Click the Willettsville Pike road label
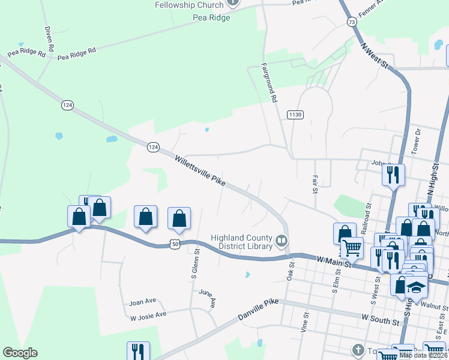(x=200, y=172)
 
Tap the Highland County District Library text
(x=241, y=241)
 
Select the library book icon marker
(x=281, y=241)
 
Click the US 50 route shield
(x=175, y=244)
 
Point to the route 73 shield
(x=352, y=22)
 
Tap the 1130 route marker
(x=295, y=115)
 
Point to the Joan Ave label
(x=142, y=302)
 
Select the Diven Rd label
(x=49, y=38)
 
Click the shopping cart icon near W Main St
(x=351, y=247)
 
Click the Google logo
(x=20, y=353)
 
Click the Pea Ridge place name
(x=211, y=17)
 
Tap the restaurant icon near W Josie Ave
(x=138, y=351)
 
